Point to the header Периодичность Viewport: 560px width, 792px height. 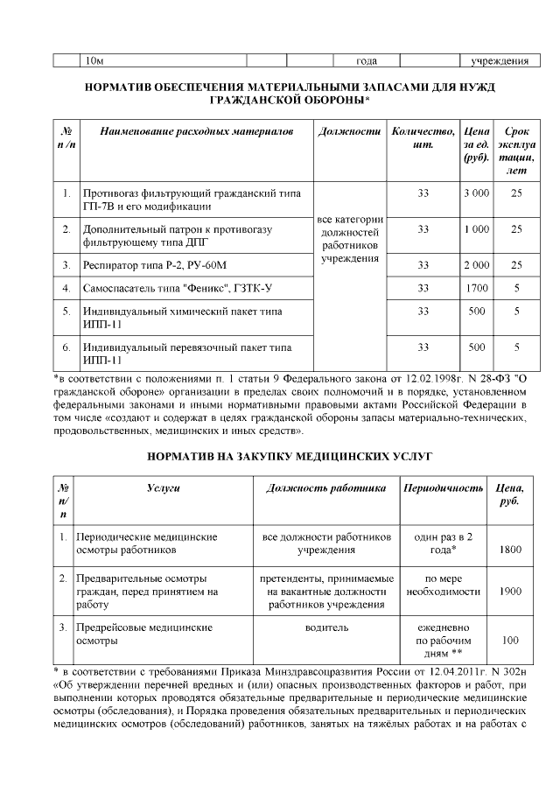point(442,487)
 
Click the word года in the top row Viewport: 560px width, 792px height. point(367,60)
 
